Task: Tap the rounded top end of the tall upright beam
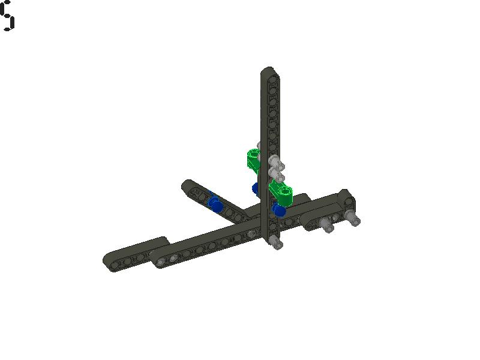[x=268, y=72]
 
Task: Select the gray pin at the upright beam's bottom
[x=275, y=242]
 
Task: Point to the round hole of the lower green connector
[x=284, y=192]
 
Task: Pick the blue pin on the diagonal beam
[x=215, y=204]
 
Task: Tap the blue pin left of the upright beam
[x=257, y=189]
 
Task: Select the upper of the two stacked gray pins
[x=275, y=162]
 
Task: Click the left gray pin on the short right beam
[x=326, y=226]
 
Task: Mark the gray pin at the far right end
[x=354, y=220]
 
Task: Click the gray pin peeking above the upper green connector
[x=259, y=146]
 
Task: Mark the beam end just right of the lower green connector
[x=302, y=197]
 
